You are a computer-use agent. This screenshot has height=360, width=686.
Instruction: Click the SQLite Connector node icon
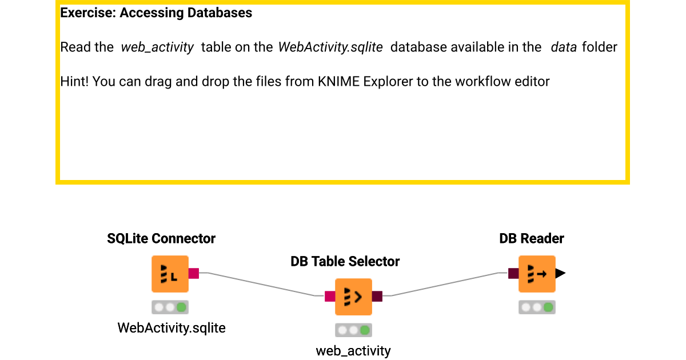[170, 274]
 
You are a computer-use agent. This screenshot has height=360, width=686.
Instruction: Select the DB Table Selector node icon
[353, 297]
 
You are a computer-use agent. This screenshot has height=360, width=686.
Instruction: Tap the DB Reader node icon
[537, 274]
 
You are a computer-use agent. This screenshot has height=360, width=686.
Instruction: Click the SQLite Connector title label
[161, 239]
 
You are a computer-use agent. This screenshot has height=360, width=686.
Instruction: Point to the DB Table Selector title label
[345, 262]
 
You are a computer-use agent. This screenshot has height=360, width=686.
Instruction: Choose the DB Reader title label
[532, 239]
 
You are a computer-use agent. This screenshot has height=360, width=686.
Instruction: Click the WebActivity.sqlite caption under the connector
[171, 328]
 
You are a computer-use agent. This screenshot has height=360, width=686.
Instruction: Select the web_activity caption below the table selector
[353, 351]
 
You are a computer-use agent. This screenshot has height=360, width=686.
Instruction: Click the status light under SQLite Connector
[170, 307]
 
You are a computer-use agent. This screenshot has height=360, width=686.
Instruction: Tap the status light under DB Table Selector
[353, 330]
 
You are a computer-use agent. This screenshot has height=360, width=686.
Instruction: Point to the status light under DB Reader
[537, 307]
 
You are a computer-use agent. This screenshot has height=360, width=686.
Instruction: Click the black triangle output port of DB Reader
[560, 274]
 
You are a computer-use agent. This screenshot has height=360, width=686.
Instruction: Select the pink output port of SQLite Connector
[193, 274]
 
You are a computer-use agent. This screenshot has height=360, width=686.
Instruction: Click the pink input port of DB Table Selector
[330, 296]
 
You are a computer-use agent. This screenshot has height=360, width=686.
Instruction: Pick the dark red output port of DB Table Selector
[377, 296]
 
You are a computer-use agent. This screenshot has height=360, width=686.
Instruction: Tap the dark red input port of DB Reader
[513, 274]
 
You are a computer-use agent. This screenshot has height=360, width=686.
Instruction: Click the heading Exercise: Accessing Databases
[156, 13]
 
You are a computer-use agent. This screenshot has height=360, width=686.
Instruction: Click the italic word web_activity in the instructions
[157, 47]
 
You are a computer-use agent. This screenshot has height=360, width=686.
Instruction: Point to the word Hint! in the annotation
[74, 82]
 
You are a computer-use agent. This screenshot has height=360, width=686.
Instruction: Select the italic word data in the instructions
[563, 47]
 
